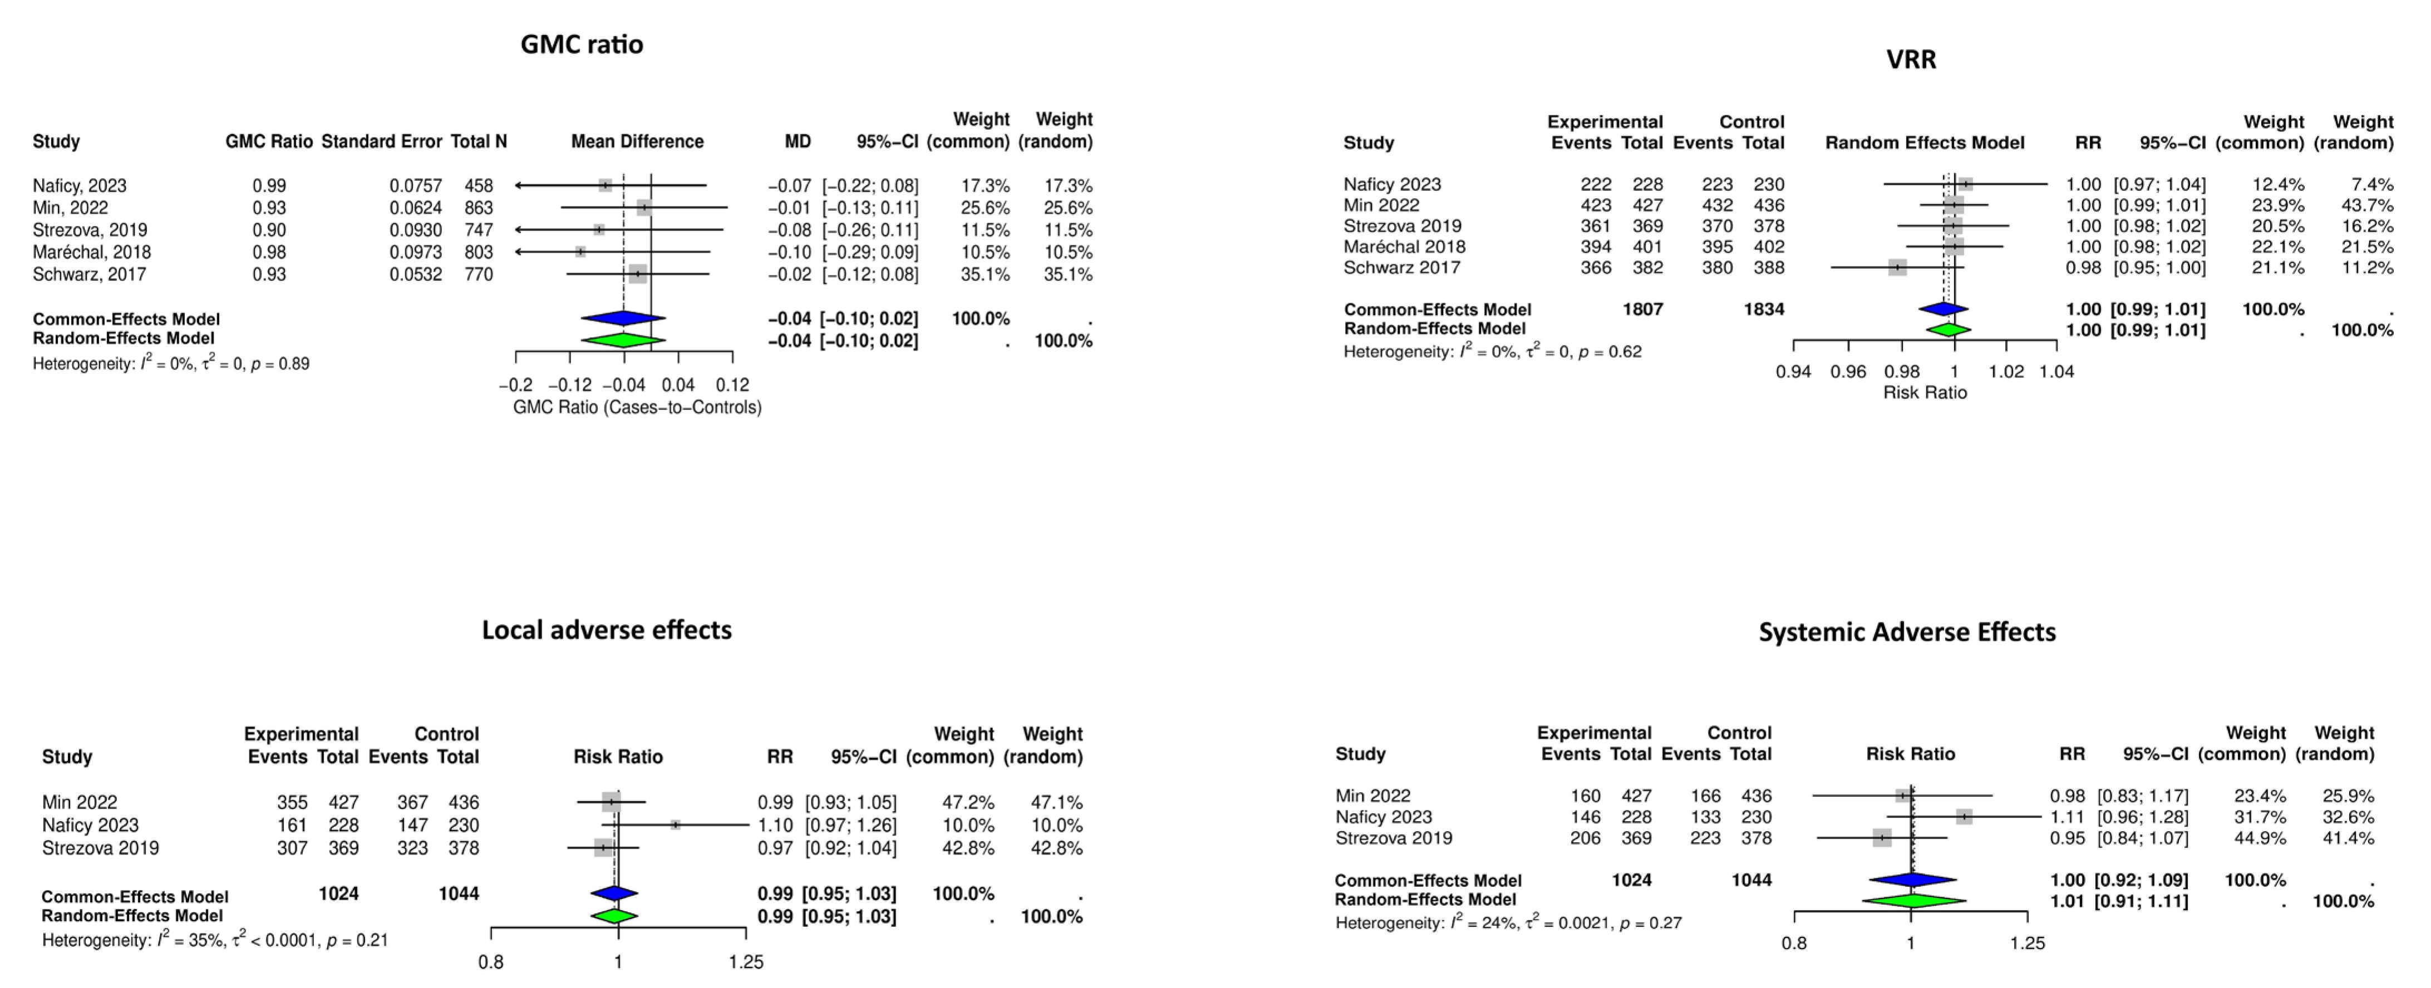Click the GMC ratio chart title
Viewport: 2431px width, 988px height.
click(582, 45)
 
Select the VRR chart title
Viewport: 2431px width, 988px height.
click(1911, 60)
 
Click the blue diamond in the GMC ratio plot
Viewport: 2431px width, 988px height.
click(623, 319)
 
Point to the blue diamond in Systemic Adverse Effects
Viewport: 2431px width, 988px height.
click(1912, 880)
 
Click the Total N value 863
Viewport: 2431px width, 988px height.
click(479, 208)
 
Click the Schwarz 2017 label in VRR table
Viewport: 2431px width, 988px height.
click(1401, 267)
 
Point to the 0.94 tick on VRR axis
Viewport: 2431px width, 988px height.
click(1793, 371)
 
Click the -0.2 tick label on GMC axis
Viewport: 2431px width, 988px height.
click(515, 385)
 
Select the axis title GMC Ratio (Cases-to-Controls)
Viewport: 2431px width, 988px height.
click(637, 408)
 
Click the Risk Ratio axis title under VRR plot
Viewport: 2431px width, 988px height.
click(1925, 393)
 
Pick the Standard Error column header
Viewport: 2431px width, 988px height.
click(381, 141)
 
